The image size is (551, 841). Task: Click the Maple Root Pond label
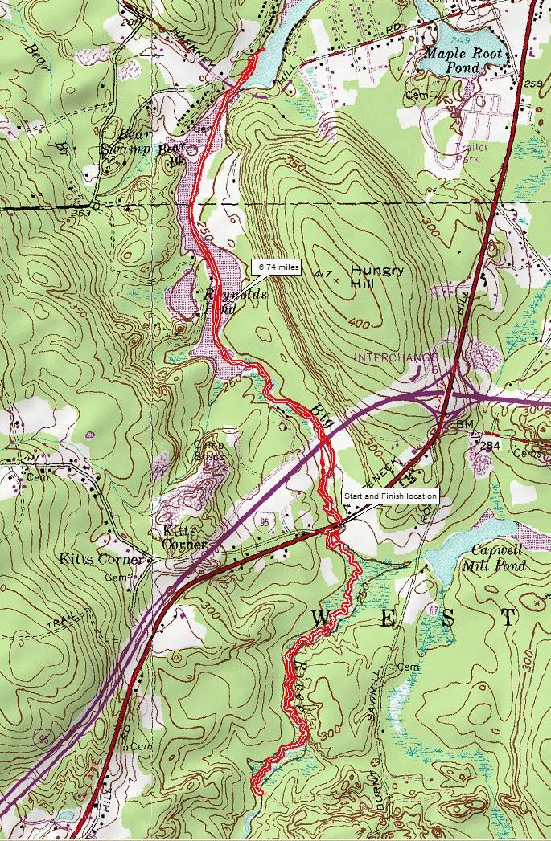pos(464,60)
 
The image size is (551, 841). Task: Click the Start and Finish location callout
pos(390,496)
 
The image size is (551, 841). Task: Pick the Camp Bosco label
pos(208,451)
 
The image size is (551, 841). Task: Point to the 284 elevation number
pos(490,445)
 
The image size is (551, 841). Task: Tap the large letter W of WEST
pos(320,618)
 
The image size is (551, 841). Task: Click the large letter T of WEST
pos(508,618)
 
